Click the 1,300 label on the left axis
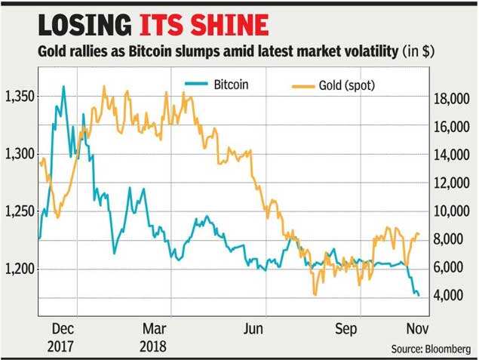(20, 154)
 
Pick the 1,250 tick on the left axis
(20, 211)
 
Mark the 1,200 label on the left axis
(20, 269)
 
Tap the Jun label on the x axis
(254, 330)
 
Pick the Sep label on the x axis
(346, 330)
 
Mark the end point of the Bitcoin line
(419, 295)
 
